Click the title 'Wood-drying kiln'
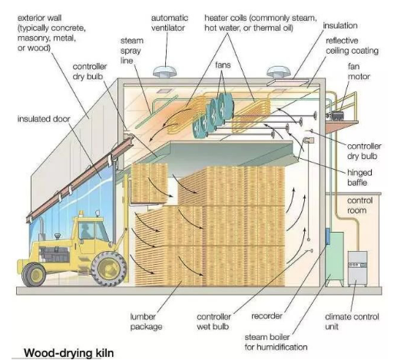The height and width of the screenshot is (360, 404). click(x=69, y=352)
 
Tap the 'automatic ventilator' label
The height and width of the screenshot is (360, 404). click(x=169, y=23)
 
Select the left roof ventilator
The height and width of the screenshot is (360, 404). click(x=164, y=71)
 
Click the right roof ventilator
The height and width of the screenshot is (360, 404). click(x=278, y=71)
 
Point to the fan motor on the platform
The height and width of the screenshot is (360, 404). click(x=337, y=115)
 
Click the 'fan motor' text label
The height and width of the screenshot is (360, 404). click(x=359, y=71)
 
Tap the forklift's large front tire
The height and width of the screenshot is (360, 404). click(x=109, y=269)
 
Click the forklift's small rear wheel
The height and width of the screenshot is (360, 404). click(x=34, y=275)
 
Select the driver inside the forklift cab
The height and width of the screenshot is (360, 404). click(x=85, y=231)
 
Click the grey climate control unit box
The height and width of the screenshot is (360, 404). click(x=357, y=268)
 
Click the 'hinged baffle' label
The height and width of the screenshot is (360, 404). click(x=359, y=177)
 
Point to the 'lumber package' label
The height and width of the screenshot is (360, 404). click(x=146, y=322)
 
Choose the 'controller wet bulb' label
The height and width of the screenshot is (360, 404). click(x=214, y=322)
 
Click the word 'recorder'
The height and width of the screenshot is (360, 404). click(x=267, y=316)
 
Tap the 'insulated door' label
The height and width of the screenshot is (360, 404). click(x=44, y=119)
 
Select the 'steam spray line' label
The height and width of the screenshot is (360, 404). click(x=131, y=51)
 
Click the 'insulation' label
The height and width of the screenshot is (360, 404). click(x=340, y=25)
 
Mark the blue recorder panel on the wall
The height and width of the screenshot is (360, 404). click(x=328, y=236)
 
